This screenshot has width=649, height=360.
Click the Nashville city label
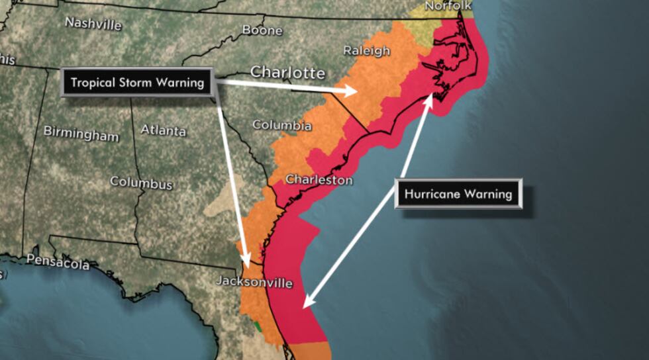93,23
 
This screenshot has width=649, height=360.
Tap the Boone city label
262,30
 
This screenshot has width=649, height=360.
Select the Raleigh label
362,51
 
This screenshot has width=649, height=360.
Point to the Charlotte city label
287,71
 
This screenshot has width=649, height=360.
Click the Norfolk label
448,6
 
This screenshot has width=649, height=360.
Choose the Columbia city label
281,124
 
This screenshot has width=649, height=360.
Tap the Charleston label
319,179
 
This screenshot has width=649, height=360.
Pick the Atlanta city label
163,130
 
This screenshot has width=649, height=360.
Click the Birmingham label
81,133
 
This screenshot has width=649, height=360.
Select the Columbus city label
141,182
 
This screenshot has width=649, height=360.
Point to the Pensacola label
58,263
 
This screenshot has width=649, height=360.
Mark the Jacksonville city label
254,282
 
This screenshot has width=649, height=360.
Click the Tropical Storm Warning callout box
138,83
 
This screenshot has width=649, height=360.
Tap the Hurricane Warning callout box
458,194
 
